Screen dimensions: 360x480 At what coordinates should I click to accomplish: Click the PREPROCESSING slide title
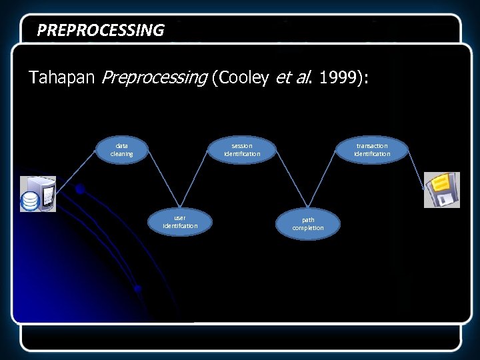click(100, 30)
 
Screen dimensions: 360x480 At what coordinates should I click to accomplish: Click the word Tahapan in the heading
click(63, 78)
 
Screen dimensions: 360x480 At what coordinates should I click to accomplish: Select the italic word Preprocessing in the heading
click(154, 78)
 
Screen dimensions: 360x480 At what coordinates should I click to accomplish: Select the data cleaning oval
click(121, 149)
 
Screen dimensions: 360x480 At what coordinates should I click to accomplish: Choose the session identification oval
click(241, 149)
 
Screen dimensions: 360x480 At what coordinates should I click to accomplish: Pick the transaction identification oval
click(371, 149)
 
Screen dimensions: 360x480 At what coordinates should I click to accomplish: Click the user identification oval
click(180, 221)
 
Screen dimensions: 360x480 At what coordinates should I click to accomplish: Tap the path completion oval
click(307, 223)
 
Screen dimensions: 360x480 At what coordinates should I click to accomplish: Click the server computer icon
click(38, 194)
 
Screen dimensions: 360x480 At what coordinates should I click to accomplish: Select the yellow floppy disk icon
click(441, 190)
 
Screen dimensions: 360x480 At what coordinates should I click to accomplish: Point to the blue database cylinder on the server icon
click(30, 201)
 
